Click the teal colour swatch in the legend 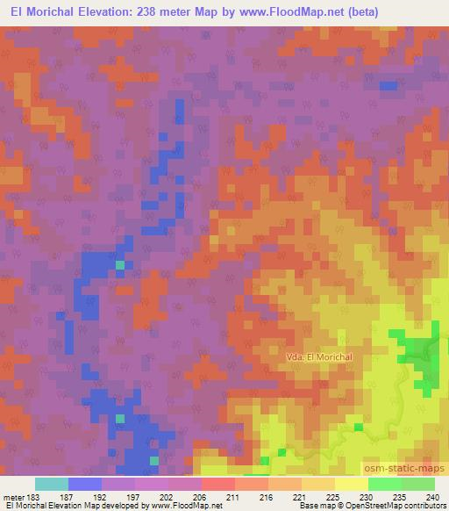[52, 484]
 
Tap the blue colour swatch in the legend [85, 484]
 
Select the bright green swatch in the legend [385, 484]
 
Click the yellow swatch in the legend [352, 484]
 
